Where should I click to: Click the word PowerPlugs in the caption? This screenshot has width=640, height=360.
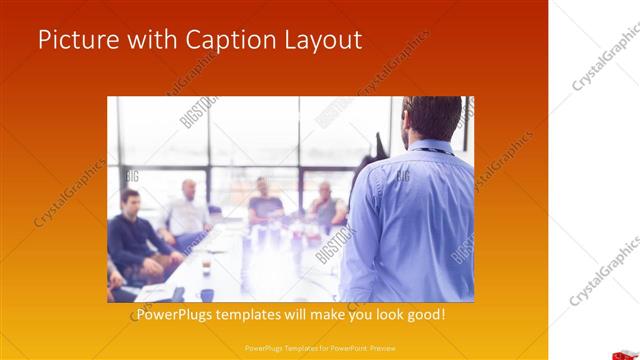(178, 315)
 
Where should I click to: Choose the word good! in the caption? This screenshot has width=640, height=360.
(425, 315)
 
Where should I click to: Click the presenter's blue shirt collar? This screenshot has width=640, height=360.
(430, 148)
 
